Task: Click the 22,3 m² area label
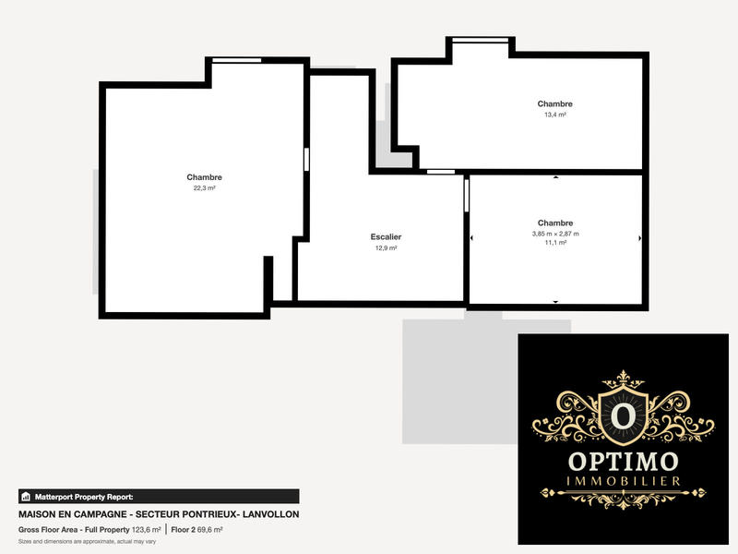point(204,188)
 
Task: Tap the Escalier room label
point(386,237)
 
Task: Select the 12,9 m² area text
point(386,248)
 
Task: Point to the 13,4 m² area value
point(554,115)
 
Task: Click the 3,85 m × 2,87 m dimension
point(555,235)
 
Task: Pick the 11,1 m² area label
point(555,245)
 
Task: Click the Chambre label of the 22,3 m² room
point(204,177)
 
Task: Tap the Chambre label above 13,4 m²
point(554,104)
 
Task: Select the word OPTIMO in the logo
point(625,461)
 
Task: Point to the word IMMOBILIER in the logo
point(625,482)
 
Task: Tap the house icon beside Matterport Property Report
point(25,496)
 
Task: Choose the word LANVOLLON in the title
point(267,513)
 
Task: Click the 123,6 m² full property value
point(146,530)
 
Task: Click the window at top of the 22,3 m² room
point(235,60)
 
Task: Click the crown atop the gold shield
point(625,379)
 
